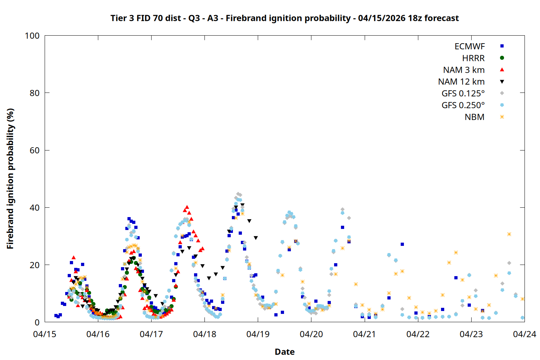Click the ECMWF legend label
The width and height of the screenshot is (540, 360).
coord(469,46)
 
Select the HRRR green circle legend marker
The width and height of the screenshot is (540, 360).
coord(502,58)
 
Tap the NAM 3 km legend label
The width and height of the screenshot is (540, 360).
coord(464,70)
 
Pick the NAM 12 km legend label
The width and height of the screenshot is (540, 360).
coord(461,82)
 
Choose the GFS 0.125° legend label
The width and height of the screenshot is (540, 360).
coord(463,94)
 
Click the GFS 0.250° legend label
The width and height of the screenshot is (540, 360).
coord(463,105)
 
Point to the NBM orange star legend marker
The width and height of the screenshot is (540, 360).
coord(502,117)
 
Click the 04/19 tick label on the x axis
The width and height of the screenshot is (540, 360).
coord(258,334)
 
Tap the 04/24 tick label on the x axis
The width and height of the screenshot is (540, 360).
coord(524,334)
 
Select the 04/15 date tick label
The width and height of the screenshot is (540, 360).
coord(45,334)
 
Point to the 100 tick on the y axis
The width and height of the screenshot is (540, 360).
coord(32,36)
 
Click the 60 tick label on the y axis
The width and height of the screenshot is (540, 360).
coord(35,150)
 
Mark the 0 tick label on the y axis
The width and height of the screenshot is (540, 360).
coord(37,322)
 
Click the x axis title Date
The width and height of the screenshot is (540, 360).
coord(284,352)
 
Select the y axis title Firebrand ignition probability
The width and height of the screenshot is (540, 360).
coord(10,179)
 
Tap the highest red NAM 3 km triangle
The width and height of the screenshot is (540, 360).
coord(186,207)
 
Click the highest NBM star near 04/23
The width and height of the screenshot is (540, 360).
coord(509,234)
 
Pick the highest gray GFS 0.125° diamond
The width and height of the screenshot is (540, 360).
coord(238,194)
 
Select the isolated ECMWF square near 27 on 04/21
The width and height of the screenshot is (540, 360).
coord(402,244)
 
